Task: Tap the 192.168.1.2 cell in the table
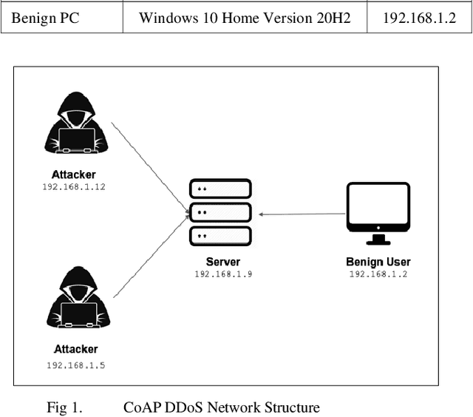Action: pos(418,18)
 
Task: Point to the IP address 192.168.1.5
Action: pos(75,365)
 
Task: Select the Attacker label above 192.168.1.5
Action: pos(75,349)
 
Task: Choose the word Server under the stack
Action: pos(222,262)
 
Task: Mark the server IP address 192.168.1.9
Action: pos(222,274)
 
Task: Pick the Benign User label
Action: pos(378,262)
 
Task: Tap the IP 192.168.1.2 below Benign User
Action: pos(378,274)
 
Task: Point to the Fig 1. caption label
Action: pos(63,407)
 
